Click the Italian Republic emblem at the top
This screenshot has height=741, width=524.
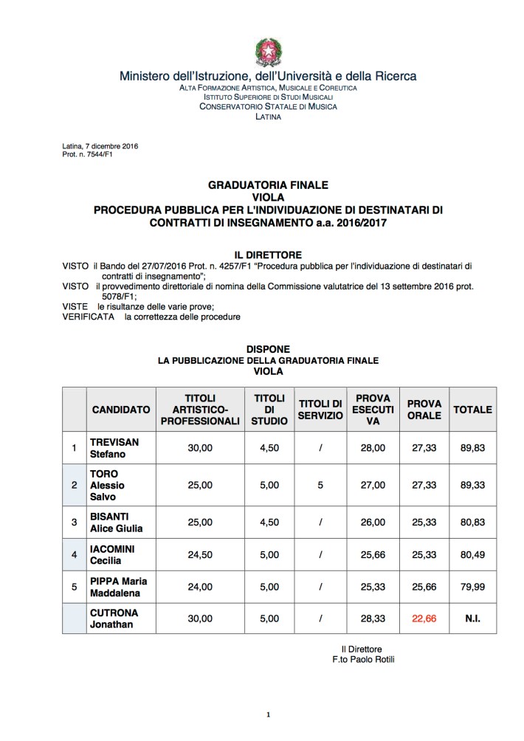coord(268,52)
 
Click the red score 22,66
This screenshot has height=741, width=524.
coord(424,619)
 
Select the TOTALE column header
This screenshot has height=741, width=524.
coord(472,410)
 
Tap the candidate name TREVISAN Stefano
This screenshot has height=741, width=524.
coord(114,448)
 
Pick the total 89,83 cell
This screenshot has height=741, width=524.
coord(472,448)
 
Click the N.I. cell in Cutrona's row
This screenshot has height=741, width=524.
coord(472,619)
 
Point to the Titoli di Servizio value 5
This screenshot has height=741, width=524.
coord(320,485)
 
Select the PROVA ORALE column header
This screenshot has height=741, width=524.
coord(424,410)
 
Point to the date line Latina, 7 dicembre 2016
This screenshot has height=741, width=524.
coord(100,146)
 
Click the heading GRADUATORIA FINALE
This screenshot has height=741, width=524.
coord(268,185)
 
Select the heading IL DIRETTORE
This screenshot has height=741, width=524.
coord(268,253)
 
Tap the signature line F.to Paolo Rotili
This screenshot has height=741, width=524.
coord(363,659)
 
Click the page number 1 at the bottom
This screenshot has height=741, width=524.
coord(269,714)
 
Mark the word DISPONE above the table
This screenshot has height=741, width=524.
coord(268,349)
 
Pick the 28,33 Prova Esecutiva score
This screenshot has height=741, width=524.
coord(373,619)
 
